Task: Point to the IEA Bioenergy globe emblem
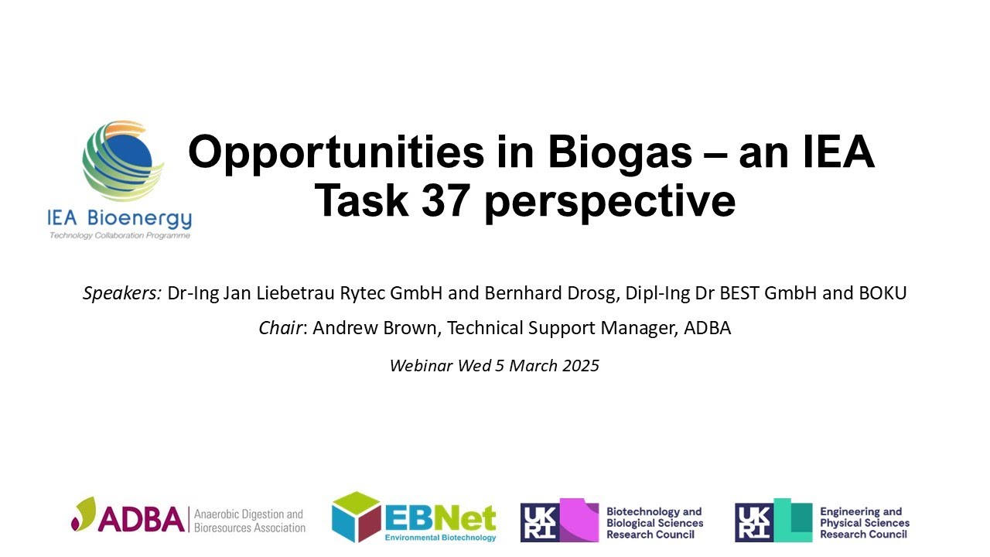[x=123, y=160]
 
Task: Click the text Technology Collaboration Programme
[x=119, y=235]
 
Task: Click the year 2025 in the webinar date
[x=579, y=365]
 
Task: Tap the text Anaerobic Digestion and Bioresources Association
[x=249, y=520]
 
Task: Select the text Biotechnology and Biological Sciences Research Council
[x=654, y=523]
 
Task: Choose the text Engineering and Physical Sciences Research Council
[x=865, y=523]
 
